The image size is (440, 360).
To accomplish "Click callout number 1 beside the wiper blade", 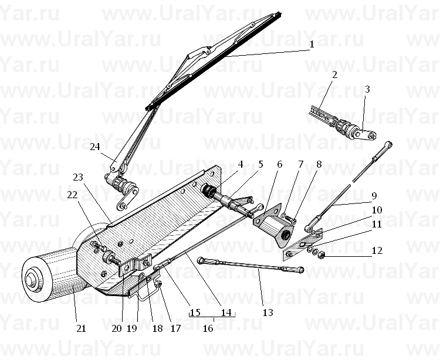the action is coord(312,45).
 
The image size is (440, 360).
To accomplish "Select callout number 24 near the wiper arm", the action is coord(95,147).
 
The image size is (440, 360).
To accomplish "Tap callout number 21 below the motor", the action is coord(81,328).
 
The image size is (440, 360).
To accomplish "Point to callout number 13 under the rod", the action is coord(268,313).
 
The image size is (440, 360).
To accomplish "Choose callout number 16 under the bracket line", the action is coord(208,328).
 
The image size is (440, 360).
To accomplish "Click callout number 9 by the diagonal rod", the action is coord(374,196).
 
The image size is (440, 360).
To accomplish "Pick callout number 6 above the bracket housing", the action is coord(279,164).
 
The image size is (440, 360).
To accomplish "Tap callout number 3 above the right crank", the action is coord(367,89).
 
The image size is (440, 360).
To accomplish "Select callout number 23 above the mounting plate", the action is coord(78,177).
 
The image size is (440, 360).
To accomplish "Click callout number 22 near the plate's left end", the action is coord(72,195).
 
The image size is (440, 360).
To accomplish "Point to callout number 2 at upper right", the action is coord(334,74).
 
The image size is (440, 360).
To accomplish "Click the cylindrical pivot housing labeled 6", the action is coord(275,225).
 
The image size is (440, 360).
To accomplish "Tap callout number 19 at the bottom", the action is coord(132,328).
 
